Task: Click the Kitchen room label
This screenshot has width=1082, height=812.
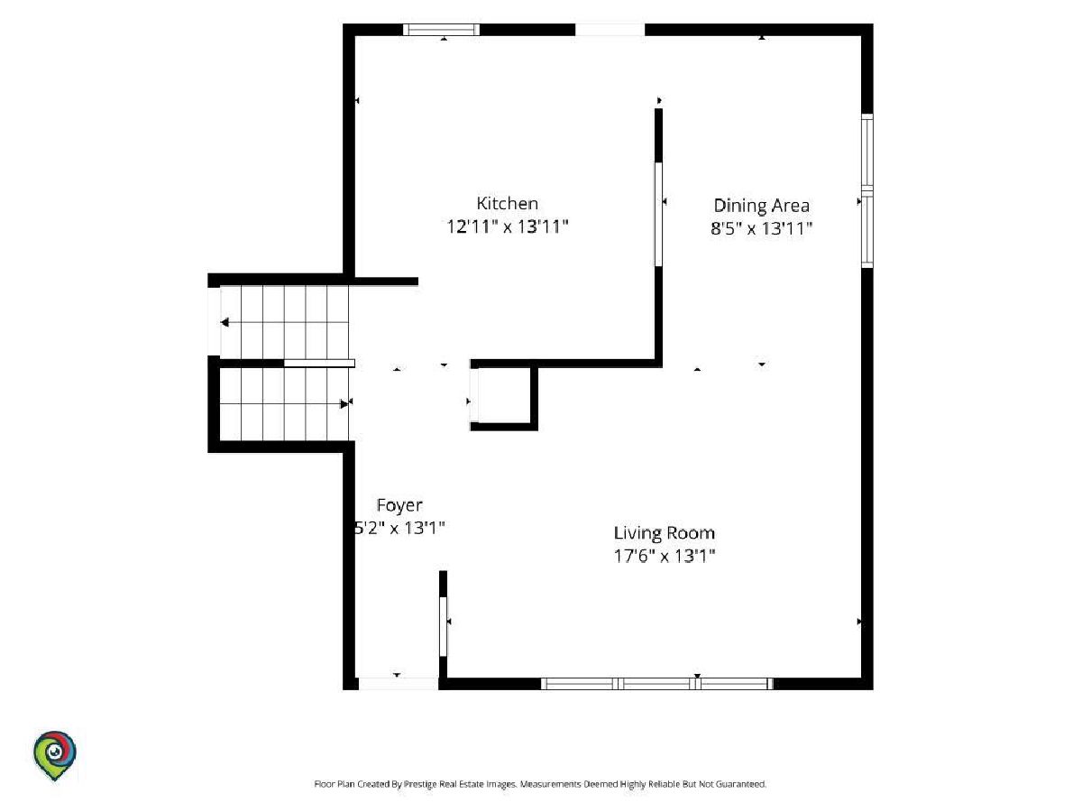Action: pyautogui.click(x=507, y=204)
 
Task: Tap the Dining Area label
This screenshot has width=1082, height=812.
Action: pyautogui.click(x=761, y=206)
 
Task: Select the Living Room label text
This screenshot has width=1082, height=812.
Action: pyautogui.click(x=664, y=533)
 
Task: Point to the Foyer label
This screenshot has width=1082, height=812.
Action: pyautogui.click(x=399, y=505)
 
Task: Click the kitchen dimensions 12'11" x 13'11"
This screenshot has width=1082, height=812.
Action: pyautogui.click(x=508, y=226)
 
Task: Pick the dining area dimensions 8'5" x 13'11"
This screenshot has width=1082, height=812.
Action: pyautogui.click(x=761, y=228)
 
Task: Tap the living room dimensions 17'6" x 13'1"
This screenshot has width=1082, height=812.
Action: pyautogui.click(x=664, y=556)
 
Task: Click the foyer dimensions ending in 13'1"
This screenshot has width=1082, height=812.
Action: pyautogui.click(x=399, y=528)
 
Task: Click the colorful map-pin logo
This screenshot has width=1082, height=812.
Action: pyautogui.click(x=55, y=755)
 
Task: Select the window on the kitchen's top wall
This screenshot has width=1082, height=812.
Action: pyautogui.click(x=441, y=30)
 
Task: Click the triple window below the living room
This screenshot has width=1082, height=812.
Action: pyautogui.click(x=657, y=684)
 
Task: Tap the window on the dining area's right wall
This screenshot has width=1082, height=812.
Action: pyautogui.click(x=867, y=190)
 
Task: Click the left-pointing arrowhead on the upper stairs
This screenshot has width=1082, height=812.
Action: pyautogui.click(x=225, y=322)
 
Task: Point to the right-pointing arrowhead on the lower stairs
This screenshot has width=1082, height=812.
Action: pyautogui.click(x=344, y=404)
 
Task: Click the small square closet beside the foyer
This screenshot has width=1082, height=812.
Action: pyautogui.click(x=504, y=395)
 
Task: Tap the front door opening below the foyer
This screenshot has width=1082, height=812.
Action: pyautogui.click(x=398, y=684)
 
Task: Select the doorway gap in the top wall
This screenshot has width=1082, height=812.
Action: pyautogui.click(x=610, y=30)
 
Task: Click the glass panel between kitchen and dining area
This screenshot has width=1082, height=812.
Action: pyautogui.click(x=658, y=215)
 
